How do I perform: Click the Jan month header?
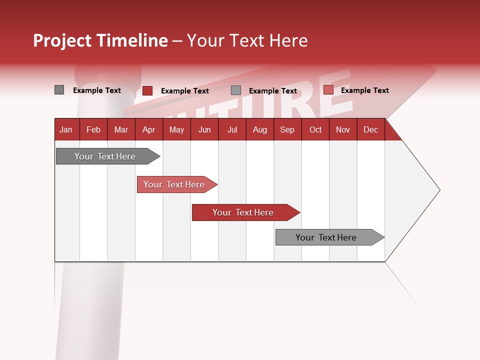coord(66,129)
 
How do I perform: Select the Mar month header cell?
coord(121,129)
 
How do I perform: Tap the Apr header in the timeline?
coord(148,129)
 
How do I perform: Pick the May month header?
coord(176,129)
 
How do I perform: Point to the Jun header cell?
coord(204,129)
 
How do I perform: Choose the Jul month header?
coord(232,129)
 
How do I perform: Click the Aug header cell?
coord(259,129)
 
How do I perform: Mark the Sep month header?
coord(287,129)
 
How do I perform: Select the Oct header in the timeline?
coord(315,129)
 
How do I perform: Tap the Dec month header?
coord(370,129)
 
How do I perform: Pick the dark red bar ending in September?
coord(243,212)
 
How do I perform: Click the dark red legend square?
coord(147,90)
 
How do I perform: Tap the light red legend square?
coord(328,90)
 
